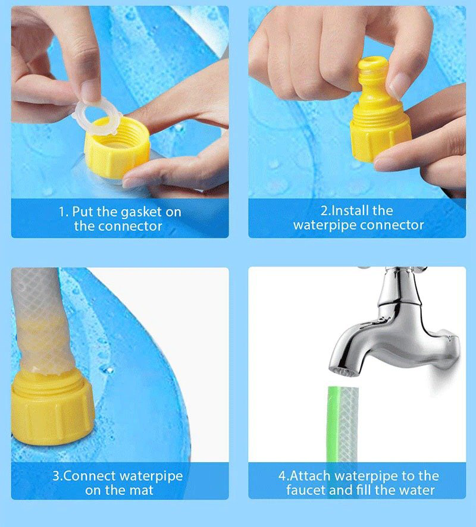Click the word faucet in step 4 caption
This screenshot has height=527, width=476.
tap(307, 490)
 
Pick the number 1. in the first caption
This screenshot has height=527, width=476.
tap(64, 212)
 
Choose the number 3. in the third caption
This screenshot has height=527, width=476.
tap(58, 476)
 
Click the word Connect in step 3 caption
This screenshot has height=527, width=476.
tap(90, 476)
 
